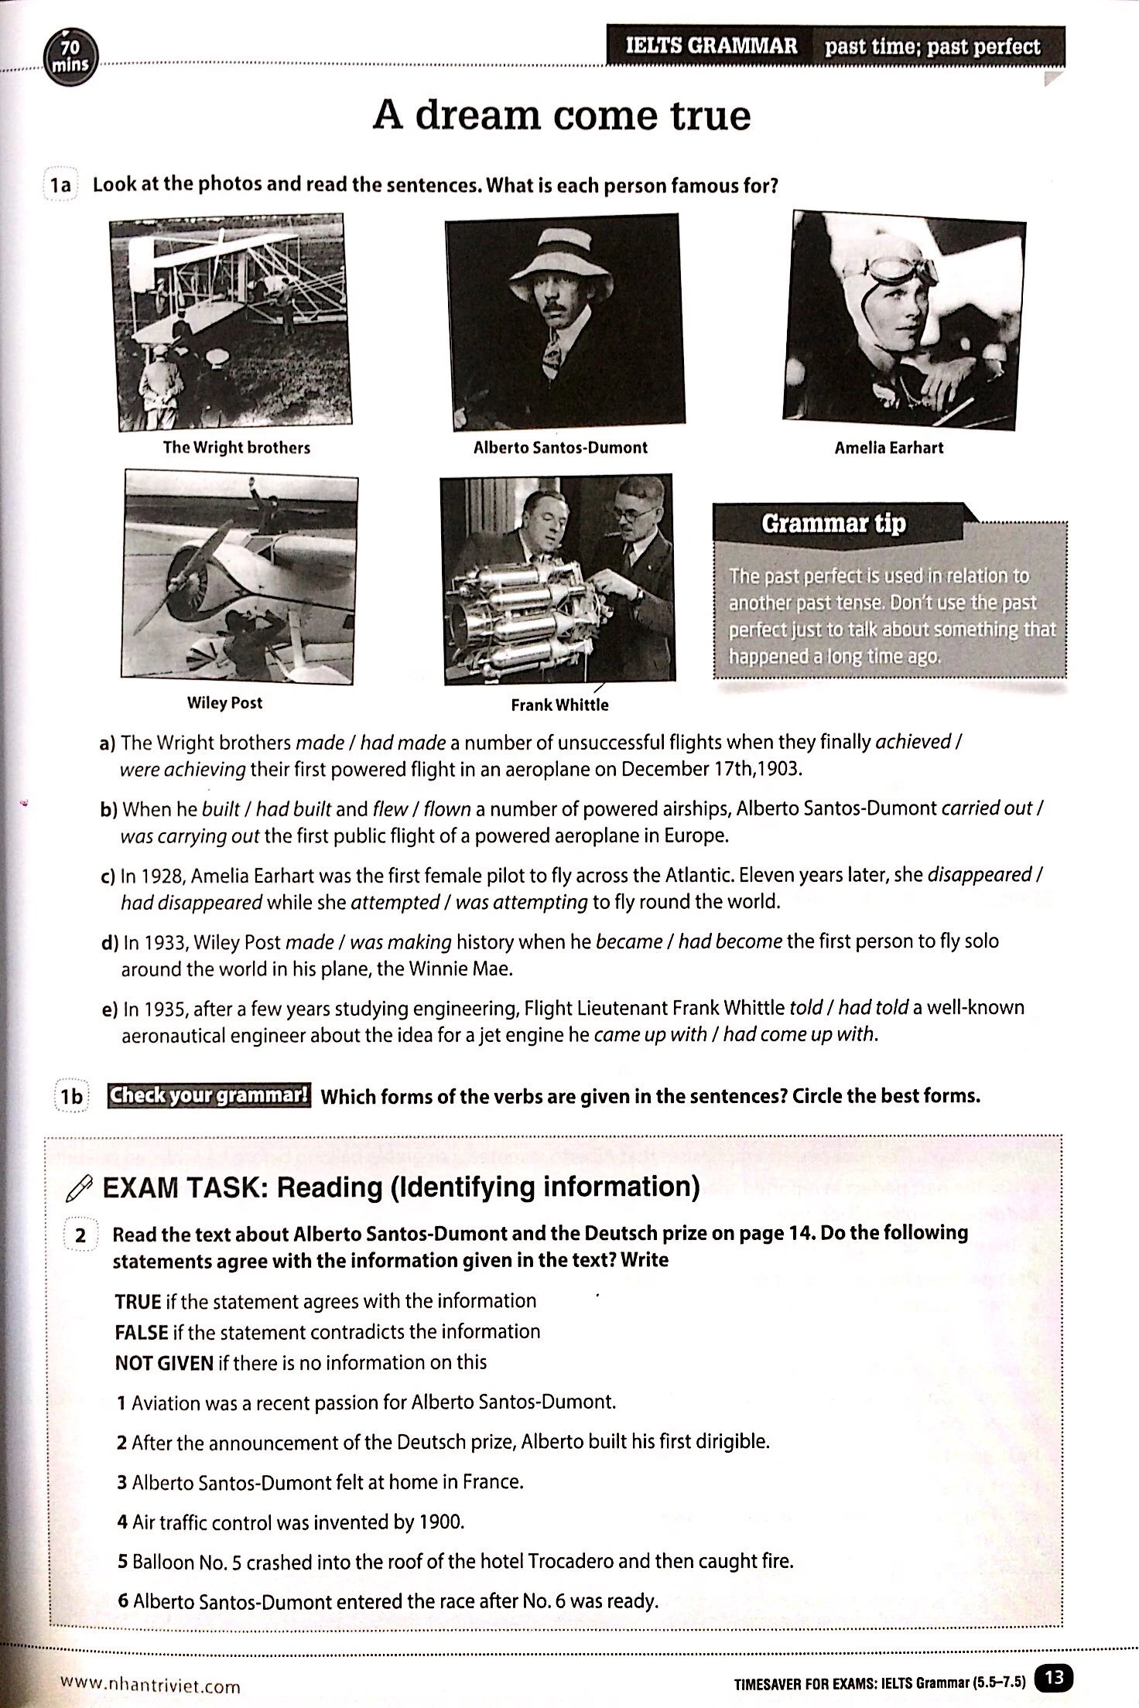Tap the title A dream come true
(562, 116)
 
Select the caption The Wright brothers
(236, 448)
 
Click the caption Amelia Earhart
(888, 448)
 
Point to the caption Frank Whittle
(559, 705)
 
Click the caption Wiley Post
(224, 702)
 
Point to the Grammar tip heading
(833, 524)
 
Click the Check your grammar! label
(209, 1095)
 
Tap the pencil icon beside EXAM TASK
(80, 1189)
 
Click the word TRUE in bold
(137, 1301)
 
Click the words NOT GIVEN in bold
(163, 1363)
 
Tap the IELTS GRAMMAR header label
(710, 46)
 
